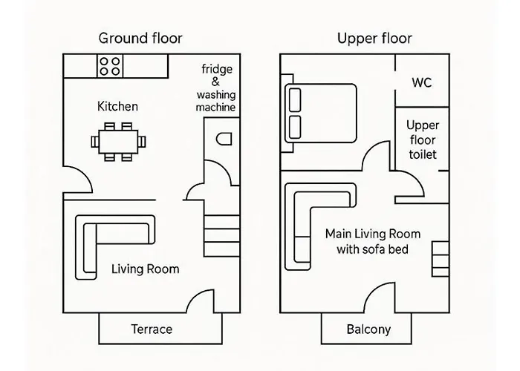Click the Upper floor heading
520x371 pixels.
click(x=374, y=39)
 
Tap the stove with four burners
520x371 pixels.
click(x=112, y=65)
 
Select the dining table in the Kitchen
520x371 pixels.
click(x=118, y=140)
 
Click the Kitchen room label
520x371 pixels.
click(x=117, y=107)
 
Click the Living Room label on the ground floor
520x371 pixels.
click(x=145, y=269)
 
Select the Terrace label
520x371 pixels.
click(x=151, y=329)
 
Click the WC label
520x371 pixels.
click(x=421, y=82)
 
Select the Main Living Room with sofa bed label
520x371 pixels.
click(x=367, y=242)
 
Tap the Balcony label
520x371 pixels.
click(x=368, y=329)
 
